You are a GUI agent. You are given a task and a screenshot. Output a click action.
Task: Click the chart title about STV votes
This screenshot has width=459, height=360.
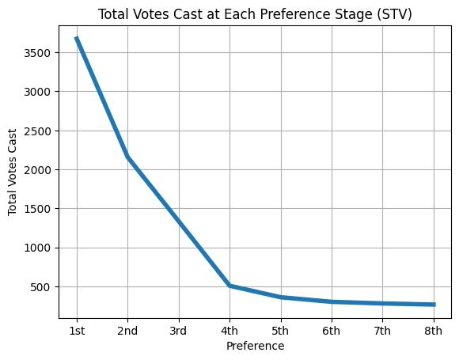pyautogui.click(x=255, y=13)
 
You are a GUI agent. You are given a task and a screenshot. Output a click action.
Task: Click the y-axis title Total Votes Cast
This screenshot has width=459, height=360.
pyautogui.click(x=13, y=173)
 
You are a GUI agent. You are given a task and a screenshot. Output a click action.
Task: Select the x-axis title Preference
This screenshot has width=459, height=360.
pyautogui.click(x=255, y=346)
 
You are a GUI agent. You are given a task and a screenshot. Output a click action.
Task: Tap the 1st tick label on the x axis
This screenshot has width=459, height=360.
pyautogui.click(x=77, y=331)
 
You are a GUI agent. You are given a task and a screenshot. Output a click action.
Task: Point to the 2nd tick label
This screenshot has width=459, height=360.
pyautogui.click(x=127, y=331)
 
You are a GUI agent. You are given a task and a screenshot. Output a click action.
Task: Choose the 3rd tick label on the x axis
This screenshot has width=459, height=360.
pyautogui.click(x=179, y=331)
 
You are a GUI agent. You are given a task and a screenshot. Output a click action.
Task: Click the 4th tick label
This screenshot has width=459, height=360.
pyautogui.click(x=229, y=331)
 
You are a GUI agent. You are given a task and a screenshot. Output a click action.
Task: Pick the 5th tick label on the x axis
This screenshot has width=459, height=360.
pyautogui.click(x=280, y=331)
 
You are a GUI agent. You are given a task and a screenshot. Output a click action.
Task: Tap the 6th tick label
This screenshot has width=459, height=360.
pyautogui.click(x=332, y=331)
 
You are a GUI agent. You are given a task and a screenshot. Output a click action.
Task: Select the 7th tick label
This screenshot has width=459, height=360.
pyautogui.click(x=382, y=331)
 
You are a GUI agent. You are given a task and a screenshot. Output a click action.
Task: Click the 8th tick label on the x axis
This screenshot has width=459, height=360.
pyautogui.click(x=433, y=331)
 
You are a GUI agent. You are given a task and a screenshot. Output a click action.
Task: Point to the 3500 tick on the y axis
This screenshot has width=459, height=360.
pyautogui.click(x=39, y=53)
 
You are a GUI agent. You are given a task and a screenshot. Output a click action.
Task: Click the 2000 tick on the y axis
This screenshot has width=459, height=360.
pyautogui.click(x=39, y=170)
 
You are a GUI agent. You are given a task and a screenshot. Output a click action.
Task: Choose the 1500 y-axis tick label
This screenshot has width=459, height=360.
pyautogui.click(x=39, y=209)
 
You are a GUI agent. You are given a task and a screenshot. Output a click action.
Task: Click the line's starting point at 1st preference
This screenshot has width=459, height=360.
pyautogui.click(x=77, y=39)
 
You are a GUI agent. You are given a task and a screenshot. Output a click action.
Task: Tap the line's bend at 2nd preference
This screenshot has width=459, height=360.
pyautogui.click(x=127, y=157)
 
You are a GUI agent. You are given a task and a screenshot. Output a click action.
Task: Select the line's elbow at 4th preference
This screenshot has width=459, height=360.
pyautogui.click(x=229, y=285)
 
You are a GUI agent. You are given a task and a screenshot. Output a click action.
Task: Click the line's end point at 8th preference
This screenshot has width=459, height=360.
pyautogui.click(x=433, y=304)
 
